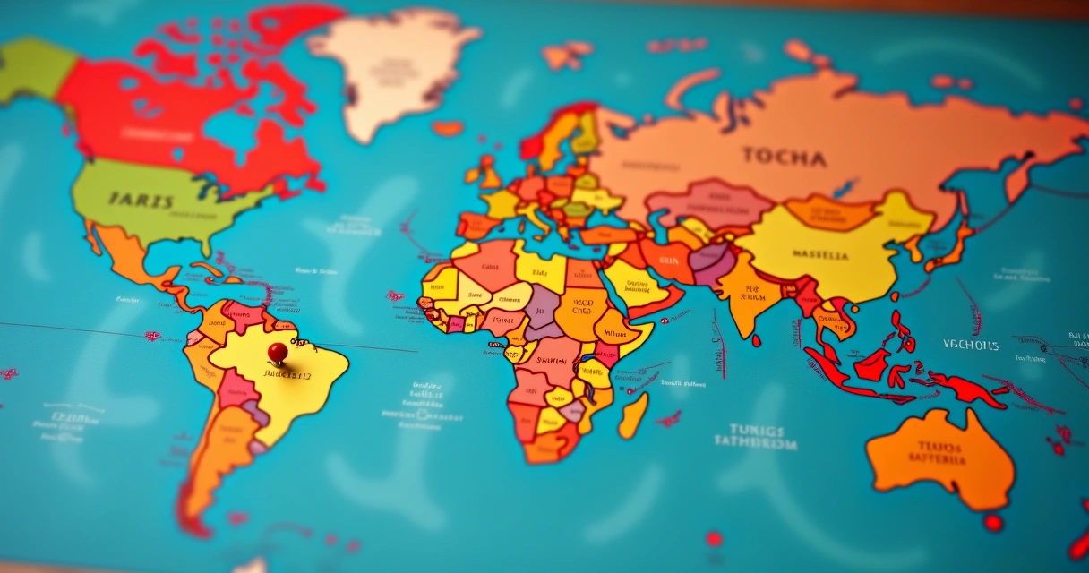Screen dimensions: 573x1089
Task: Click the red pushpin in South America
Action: (x=278, y=351)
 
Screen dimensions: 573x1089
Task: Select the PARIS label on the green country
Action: (x=141, y=201)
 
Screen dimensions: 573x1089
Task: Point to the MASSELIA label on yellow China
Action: (x=820, y=255)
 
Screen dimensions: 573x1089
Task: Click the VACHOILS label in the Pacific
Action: (x=970, y=345)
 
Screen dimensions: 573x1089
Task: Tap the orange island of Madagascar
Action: (x=633, y=415)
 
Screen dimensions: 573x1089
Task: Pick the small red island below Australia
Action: (x=992, y=521)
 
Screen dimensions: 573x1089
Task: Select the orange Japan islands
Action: (x=951, y=242)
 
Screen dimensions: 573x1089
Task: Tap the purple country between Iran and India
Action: (x=712, y=262)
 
